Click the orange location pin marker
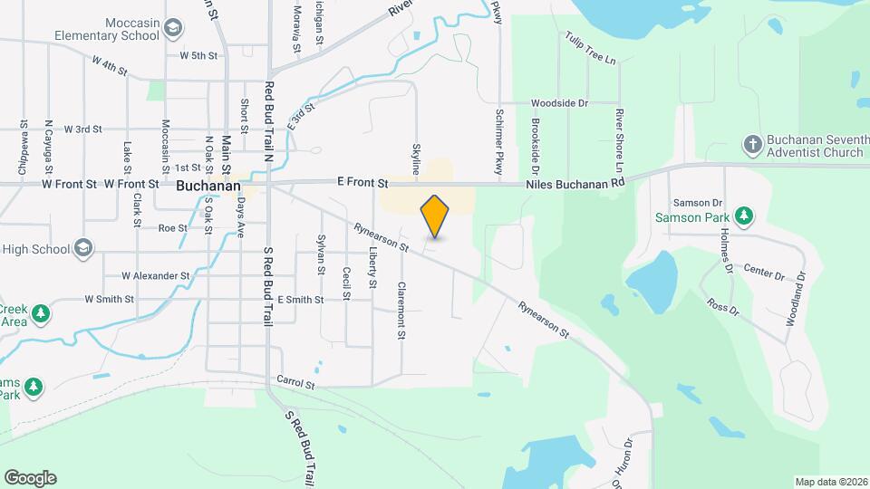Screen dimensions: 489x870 [x=435, y=216]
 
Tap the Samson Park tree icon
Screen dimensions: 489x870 [x=743, y=216]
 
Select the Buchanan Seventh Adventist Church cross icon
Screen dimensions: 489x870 [x=752, y=144]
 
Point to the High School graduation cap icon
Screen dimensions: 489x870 [x=83, y=248]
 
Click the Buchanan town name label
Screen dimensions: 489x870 [x=208, y=186]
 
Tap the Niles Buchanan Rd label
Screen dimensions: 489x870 [x=575, y=184]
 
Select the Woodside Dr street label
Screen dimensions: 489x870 [x=559, y=104]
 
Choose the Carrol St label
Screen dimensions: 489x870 [x=295, y=383]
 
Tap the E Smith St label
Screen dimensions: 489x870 [x=300, y=299]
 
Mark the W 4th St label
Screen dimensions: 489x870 [x=110, y=65]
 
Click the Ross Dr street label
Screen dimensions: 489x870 [x=722, y=308]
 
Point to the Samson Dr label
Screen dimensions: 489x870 [x=697, y=203]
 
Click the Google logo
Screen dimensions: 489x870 [x=30, y=478]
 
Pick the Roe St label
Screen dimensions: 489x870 [x=172, y=228]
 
